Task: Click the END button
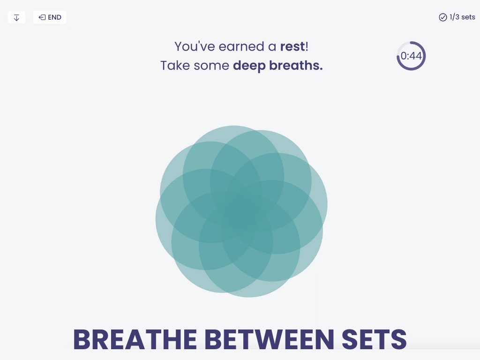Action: [x=50, y=17]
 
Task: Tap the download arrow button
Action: [x=16, y=17]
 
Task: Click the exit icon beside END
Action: [x=42, y=17]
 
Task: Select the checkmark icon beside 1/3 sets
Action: [x=442, y=17]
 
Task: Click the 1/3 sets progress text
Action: [x=462, y=17]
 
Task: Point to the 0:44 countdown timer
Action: [x=411, y=56]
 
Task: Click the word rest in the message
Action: [x=292, y=46]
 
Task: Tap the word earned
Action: [x=241, y=46]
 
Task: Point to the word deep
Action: [x=249, y=66]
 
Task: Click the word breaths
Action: [x=296, y=66]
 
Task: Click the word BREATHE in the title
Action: [x=135, y=339]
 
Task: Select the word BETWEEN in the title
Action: [x=269, y=339]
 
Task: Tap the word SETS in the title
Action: [x=374, y=339]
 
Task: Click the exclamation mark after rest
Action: [x=307, y=46]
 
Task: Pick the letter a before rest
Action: [x=272, y=47]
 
